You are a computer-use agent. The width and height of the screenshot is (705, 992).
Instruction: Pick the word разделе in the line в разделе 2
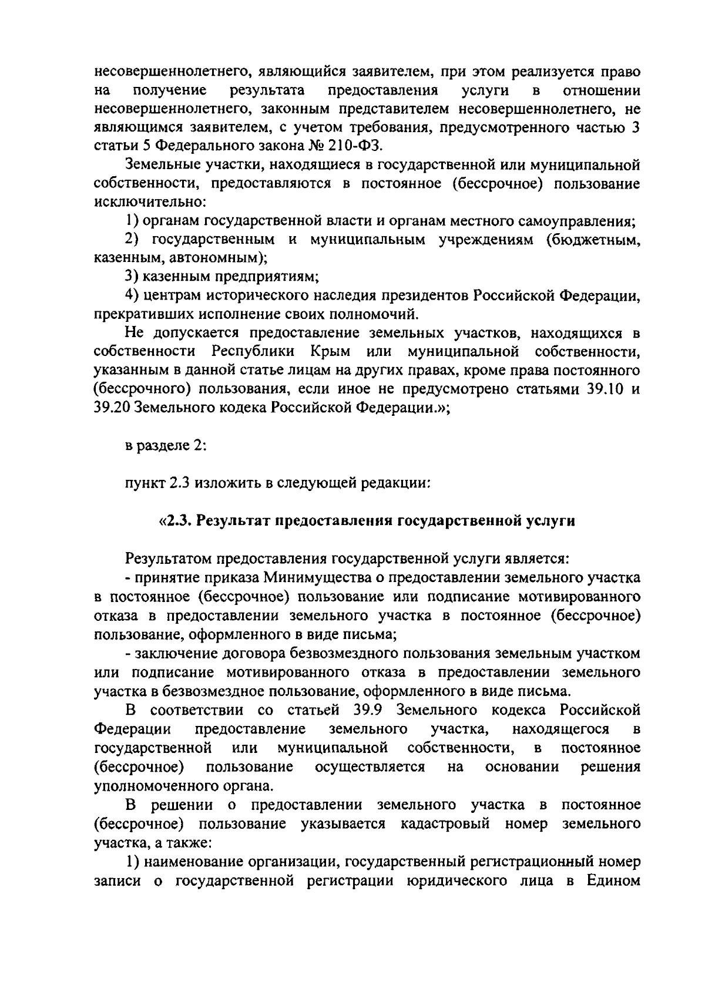coord(162,446)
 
